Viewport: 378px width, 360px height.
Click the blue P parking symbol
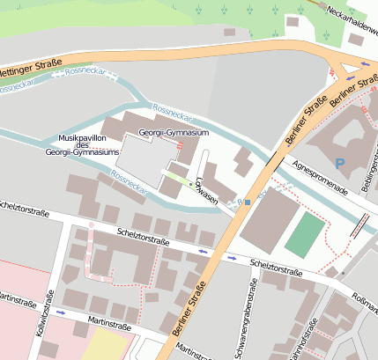pos(340,163)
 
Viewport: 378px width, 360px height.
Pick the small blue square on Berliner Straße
pos(248,203)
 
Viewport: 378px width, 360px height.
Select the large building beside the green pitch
pos(270,219)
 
